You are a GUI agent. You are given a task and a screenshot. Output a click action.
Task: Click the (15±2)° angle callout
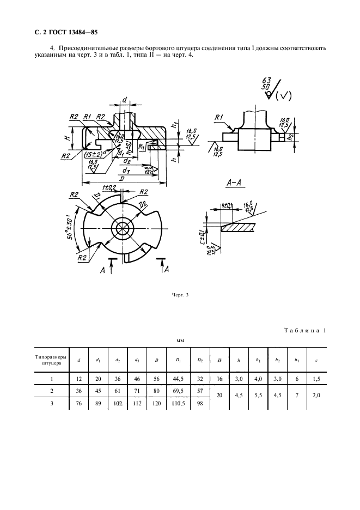pos(95,154)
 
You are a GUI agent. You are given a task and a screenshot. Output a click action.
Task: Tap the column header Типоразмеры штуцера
pos(51,360)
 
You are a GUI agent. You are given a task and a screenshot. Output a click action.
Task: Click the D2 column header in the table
pos(200,359)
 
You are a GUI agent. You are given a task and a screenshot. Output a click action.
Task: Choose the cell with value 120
pos(156,403)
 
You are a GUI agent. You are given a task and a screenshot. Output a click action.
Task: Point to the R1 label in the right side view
pos(219,117)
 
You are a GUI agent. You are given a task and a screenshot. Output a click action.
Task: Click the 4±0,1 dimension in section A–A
pos(227,205)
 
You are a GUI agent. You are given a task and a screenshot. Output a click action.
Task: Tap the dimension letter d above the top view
pos(124,100)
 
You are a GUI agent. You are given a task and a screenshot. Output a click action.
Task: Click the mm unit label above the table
pos(180,341)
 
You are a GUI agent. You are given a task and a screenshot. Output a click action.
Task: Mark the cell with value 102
pos(117,403)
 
